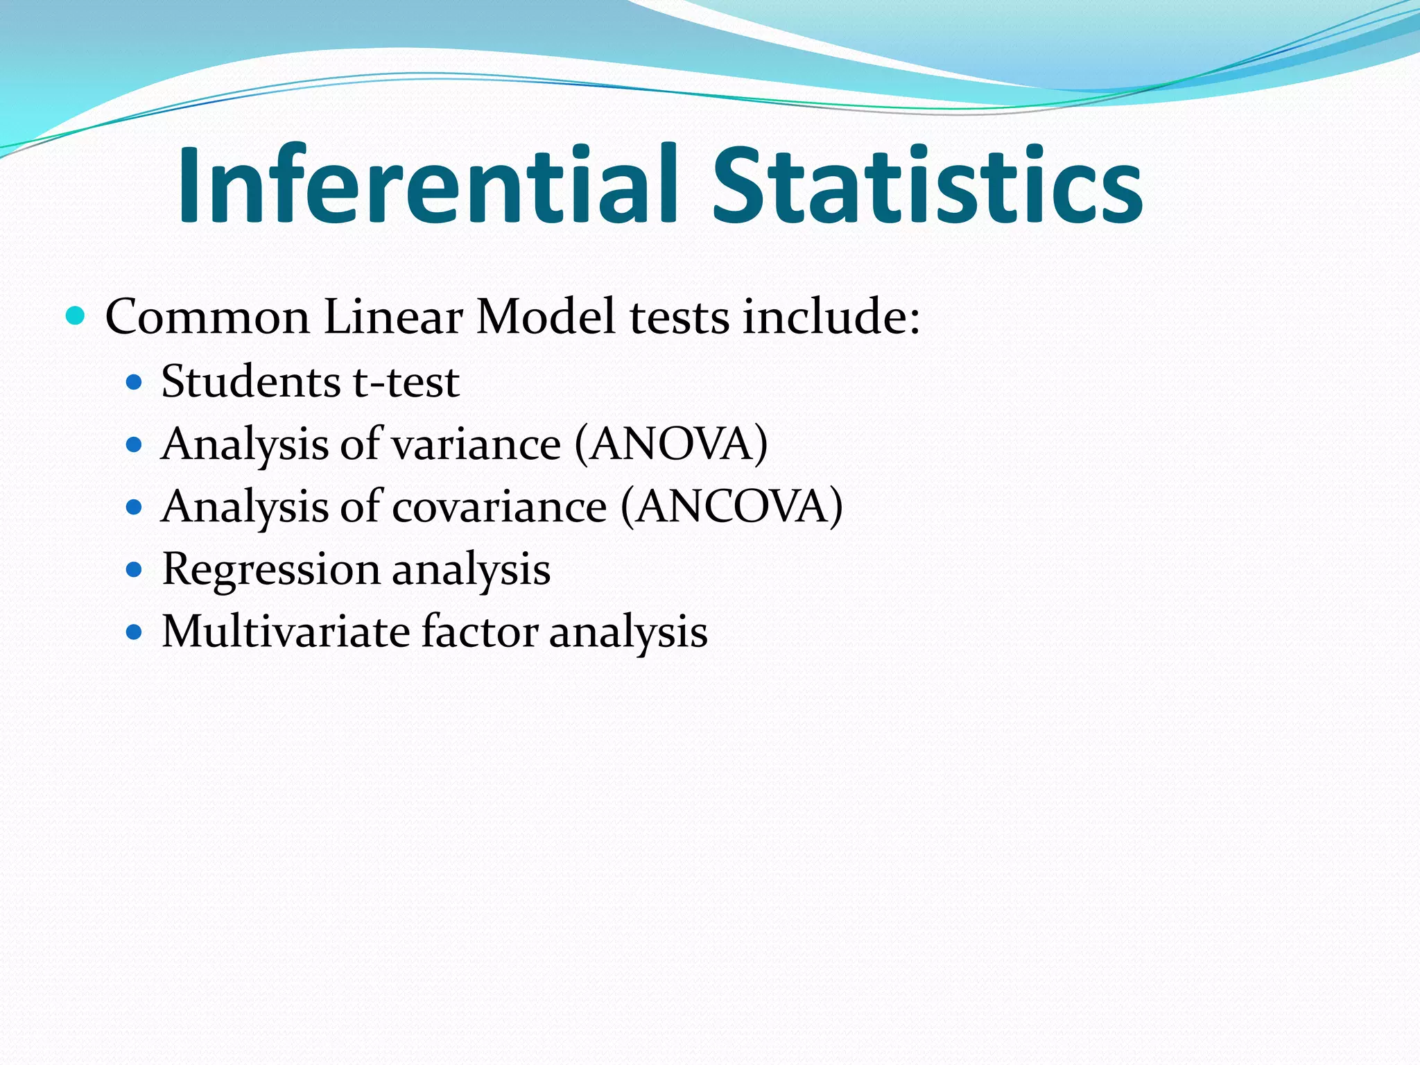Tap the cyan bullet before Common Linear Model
click(75, 316)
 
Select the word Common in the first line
click(207, 318)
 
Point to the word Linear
click(392, 318)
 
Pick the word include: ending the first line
click(831, 318)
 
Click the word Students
click(251, 382)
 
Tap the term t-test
click(406, 382)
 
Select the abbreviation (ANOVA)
click(671, 444)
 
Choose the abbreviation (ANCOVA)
click(731, 507)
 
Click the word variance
click(476, 444)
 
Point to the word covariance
click(500, 507)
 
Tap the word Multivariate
click(286, 632)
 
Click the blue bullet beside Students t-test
click(135, 382)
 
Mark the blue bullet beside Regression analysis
click(135, 570)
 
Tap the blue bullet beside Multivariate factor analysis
click(135, 632)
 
